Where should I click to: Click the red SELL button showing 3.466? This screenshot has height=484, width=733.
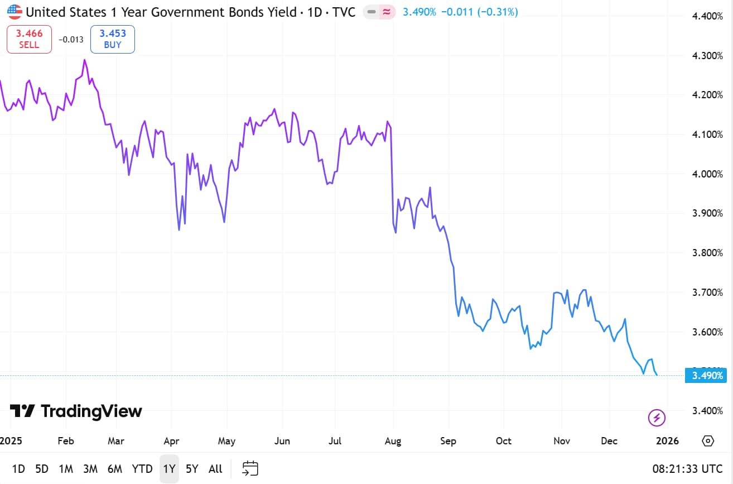click(x=29, y=39)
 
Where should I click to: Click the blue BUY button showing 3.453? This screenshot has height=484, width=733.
click(x=113, y=39)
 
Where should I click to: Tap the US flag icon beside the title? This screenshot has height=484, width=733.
click(x=15, y=12)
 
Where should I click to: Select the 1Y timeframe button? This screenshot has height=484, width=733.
click(x=169, y=468)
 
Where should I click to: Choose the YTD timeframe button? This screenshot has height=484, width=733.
click(x=142, y=468)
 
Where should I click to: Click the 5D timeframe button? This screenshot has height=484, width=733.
click(x=42, y=468)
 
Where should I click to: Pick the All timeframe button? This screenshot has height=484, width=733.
click(x=215, y=468)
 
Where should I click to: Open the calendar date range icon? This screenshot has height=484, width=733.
click(x=250, y=468)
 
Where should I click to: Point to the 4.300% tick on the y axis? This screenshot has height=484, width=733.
click(x=707, y=56)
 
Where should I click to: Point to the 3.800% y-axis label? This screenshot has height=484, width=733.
click(x=707, y=253)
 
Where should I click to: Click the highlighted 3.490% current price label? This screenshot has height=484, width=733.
click(x=707, y=375)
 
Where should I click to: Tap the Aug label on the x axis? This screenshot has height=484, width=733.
click(x=393, y=441)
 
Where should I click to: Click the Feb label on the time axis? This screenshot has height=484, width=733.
click(x=66, y=441)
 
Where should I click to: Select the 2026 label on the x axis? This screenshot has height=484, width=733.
click(x=667, y=441)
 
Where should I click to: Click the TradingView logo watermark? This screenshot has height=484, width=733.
click(x=76, y=411)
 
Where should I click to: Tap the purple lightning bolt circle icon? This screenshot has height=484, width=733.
click(x=657, y=417)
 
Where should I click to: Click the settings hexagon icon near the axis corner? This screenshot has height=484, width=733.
click(x=708, y=440)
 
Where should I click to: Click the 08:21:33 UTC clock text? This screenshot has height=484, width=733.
click(x=688, y=468)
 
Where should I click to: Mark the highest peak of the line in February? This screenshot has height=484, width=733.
click(x=85, y=60)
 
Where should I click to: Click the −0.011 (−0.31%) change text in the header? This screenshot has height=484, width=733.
click(x=479, y=12)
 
